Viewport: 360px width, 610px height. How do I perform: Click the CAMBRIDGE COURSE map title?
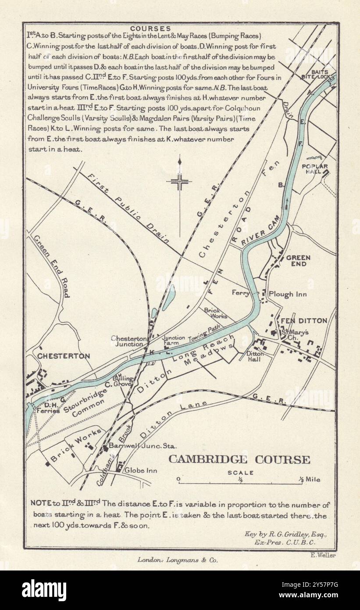(x=239, y=459)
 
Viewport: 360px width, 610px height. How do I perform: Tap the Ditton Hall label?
(x=254, y=356)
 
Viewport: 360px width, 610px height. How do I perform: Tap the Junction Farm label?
(x=174, y=341)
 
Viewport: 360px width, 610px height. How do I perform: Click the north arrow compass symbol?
(x=179, y=181)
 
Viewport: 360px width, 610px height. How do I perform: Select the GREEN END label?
(x=298, y=261)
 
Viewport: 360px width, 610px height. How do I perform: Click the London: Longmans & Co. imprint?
(x=177, y=560)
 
